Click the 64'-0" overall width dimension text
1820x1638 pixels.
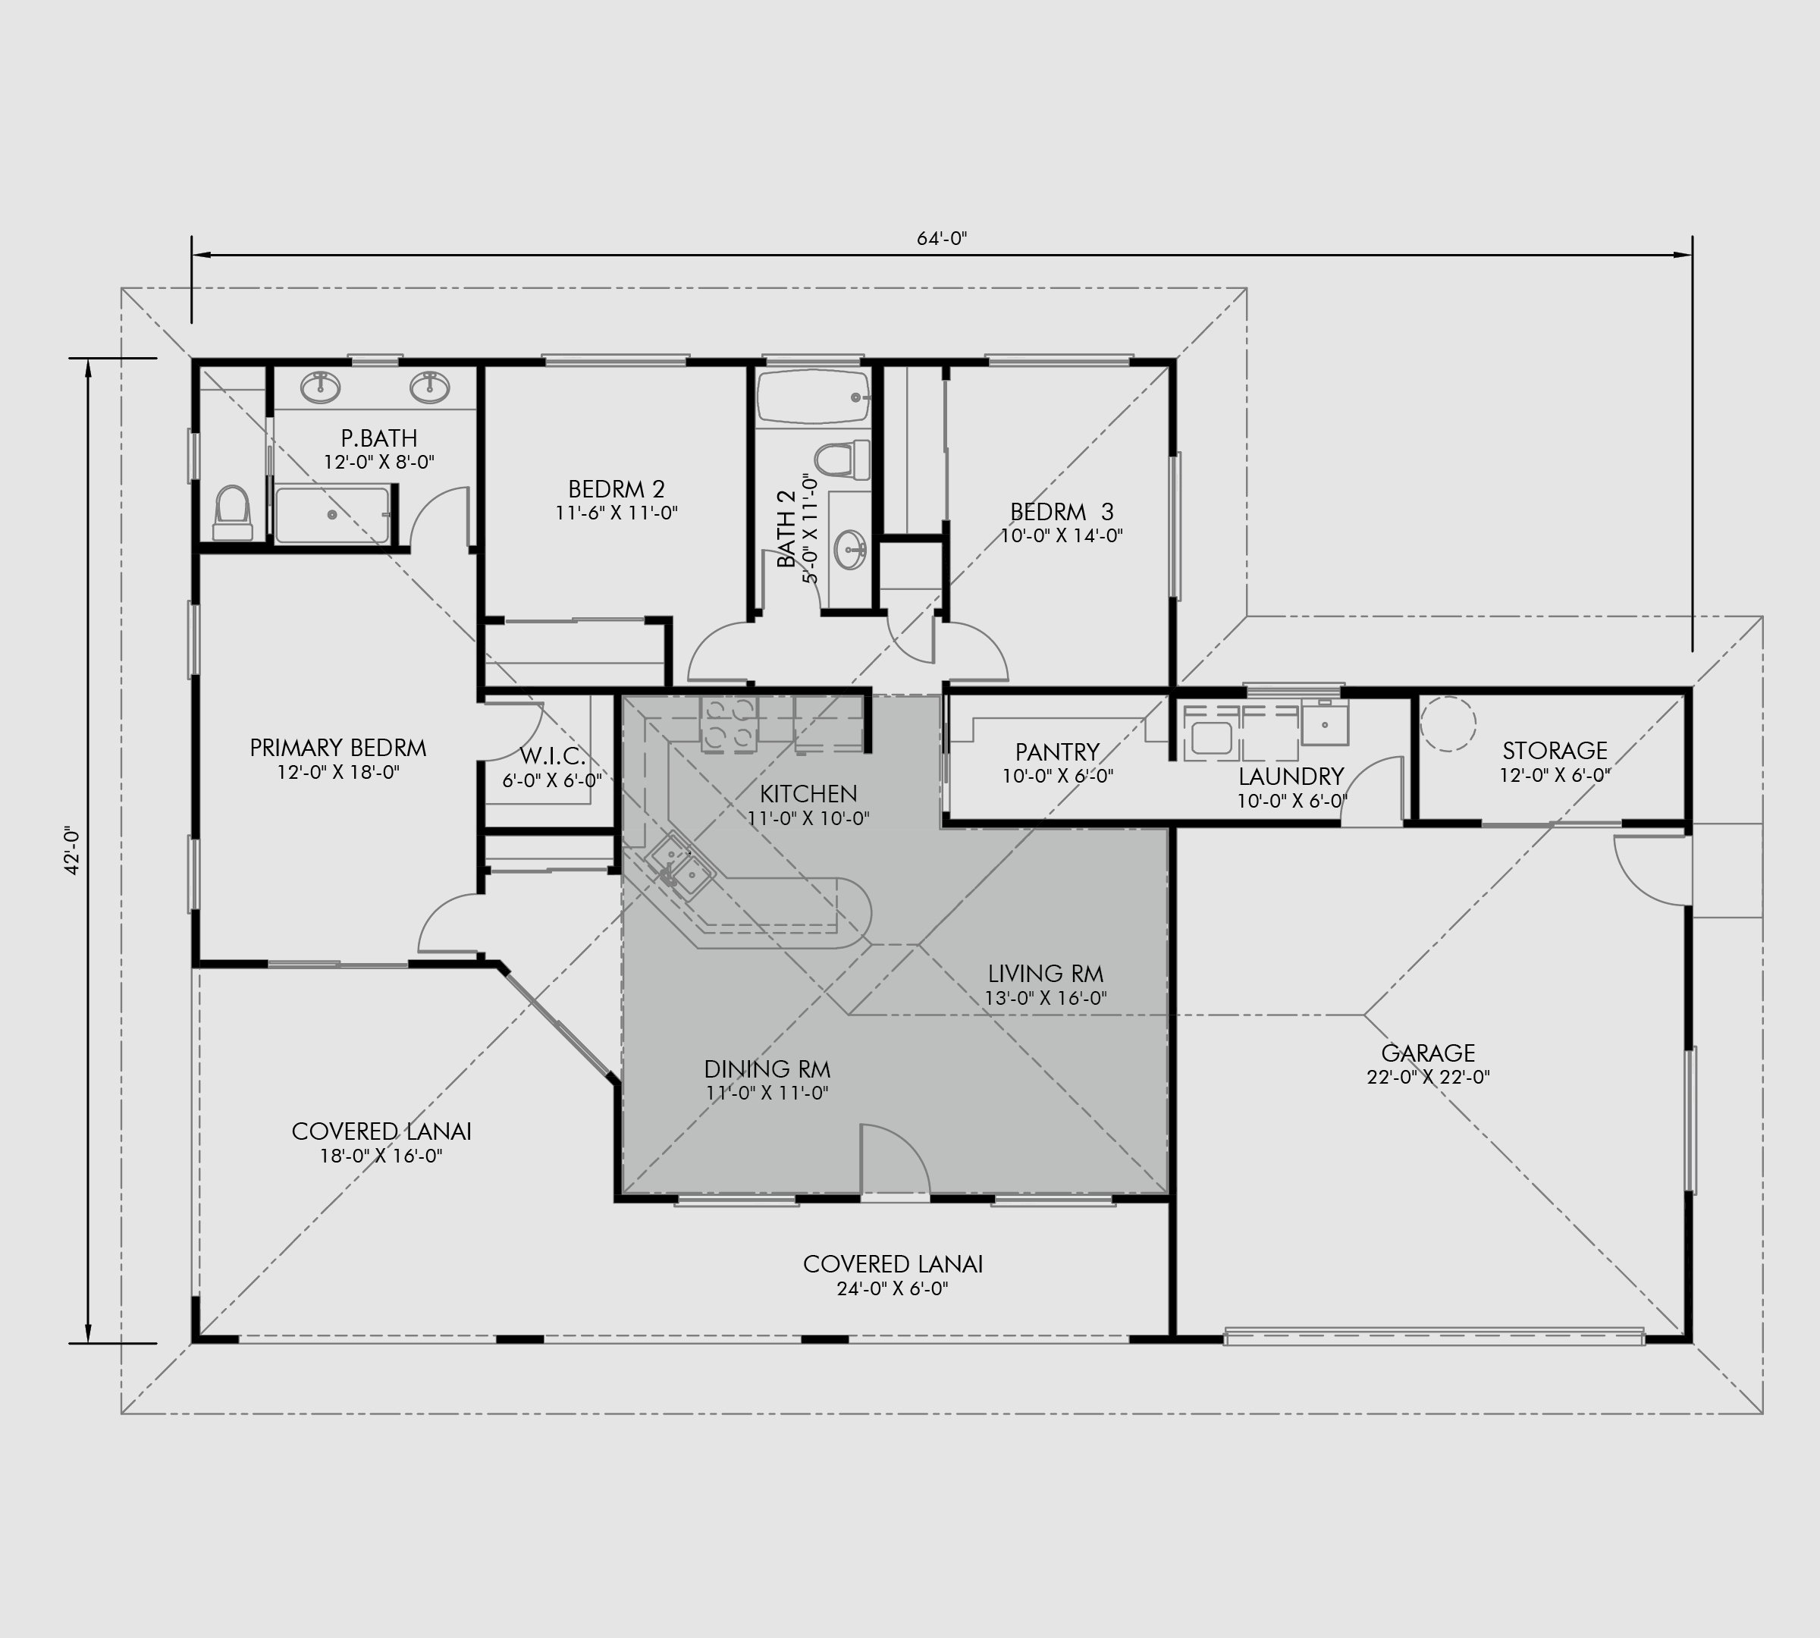(942, 239)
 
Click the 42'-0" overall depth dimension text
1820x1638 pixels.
(73, 851)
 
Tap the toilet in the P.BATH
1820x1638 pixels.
(232, 512)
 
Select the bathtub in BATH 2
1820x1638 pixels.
(813, 396)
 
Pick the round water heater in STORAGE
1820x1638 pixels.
(1448, 723)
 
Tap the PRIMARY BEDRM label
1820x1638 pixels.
(337, 748)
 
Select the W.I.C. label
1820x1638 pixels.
(552, 756)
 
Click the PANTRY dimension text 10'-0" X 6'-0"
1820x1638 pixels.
(1058, 776)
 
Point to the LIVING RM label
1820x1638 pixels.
(1045, 973)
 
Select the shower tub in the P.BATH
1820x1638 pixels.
(332, 515)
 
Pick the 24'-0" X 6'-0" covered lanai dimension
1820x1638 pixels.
(892, 1289)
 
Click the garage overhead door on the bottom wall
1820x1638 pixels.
(1435, 1335)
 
